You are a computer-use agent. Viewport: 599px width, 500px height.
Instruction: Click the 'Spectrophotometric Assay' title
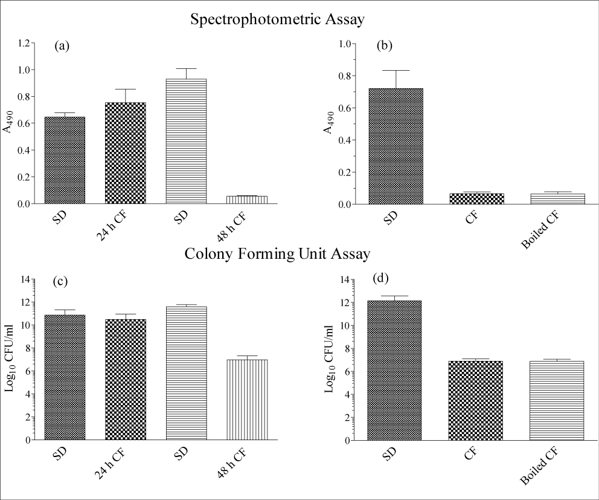coord(277,20)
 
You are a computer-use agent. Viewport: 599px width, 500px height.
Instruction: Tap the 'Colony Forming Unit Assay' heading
coord(277,255)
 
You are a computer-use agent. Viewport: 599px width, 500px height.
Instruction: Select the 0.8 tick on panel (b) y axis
coord(345,76)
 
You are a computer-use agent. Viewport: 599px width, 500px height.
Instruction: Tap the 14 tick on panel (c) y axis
coord(25,279)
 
